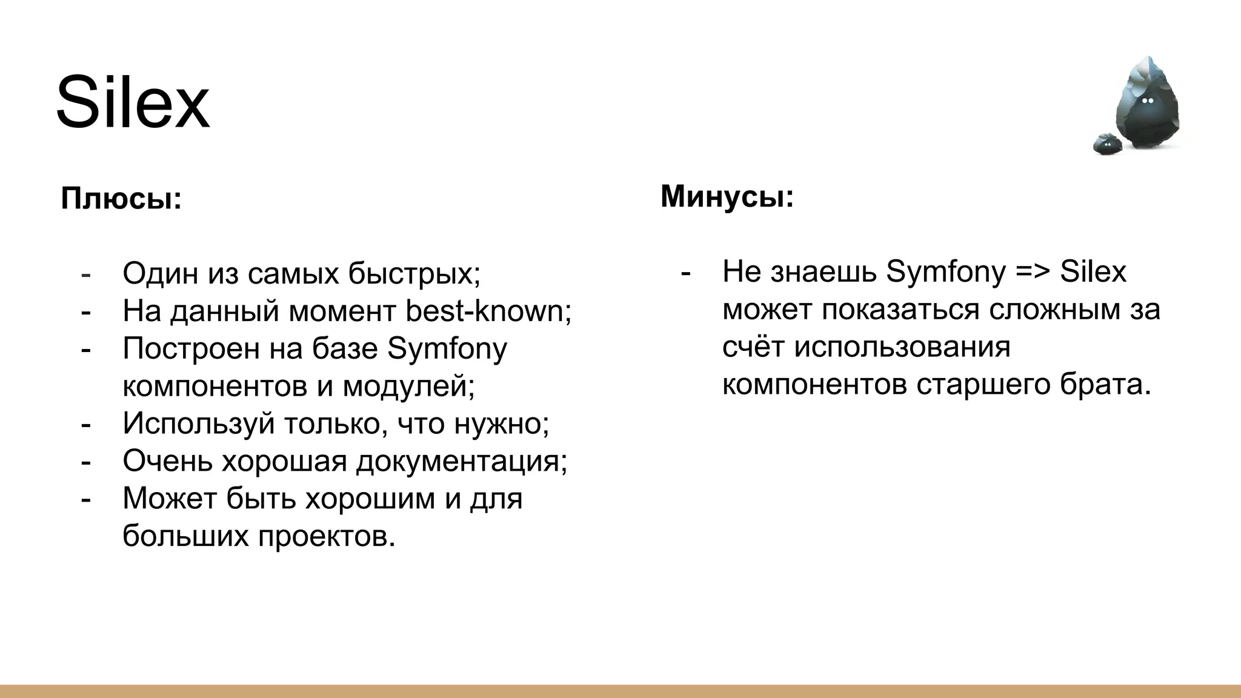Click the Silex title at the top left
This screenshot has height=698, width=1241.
133,102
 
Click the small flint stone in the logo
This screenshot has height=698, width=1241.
1108,144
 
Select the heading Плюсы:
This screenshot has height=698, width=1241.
121,199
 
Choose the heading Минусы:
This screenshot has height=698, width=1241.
727,196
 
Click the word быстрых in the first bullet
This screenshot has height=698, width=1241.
414,273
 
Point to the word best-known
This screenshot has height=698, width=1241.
487,311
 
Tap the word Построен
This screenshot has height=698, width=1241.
191,348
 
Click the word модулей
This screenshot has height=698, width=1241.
408,386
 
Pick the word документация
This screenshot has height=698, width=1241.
461,461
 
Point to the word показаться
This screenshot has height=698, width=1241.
900,310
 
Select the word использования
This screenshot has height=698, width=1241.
902,347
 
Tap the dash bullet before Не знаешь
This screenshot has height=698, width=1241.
685,273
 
